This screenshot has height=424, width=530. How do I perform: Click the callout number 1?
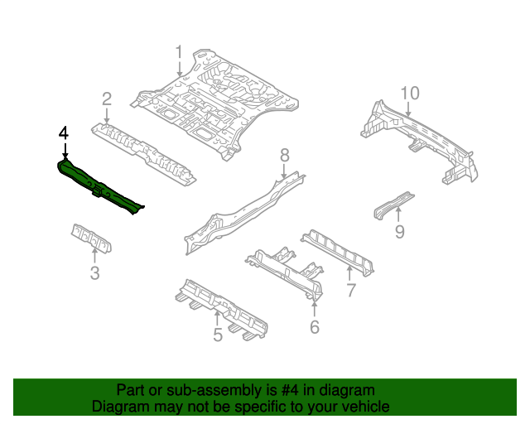tap(178, 55)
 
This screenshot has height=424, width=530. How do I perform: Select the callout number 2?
tap(107, 99)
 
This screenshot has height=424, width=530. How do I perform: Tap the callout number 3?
tap(94, 273)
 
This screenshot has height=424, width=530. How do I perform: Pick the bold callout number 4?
tap(64, 132)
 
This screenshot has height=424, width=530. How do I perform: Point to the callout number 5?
tap(218, 335)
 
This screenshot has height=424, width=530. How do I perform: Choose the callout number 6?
tap(315, 327)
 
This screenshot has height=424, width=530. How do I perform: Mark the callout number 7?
tap(350, 290)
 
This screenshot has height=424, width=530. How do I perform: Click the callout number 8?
tap(284, 154)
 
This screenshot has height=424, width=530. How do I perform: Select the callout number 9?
tap(399, 232)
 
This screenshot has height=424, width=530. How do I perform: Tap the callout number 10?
tap(411, 93)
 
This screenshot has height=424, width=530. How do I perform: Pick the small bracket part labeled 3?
tap(91, 237)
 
